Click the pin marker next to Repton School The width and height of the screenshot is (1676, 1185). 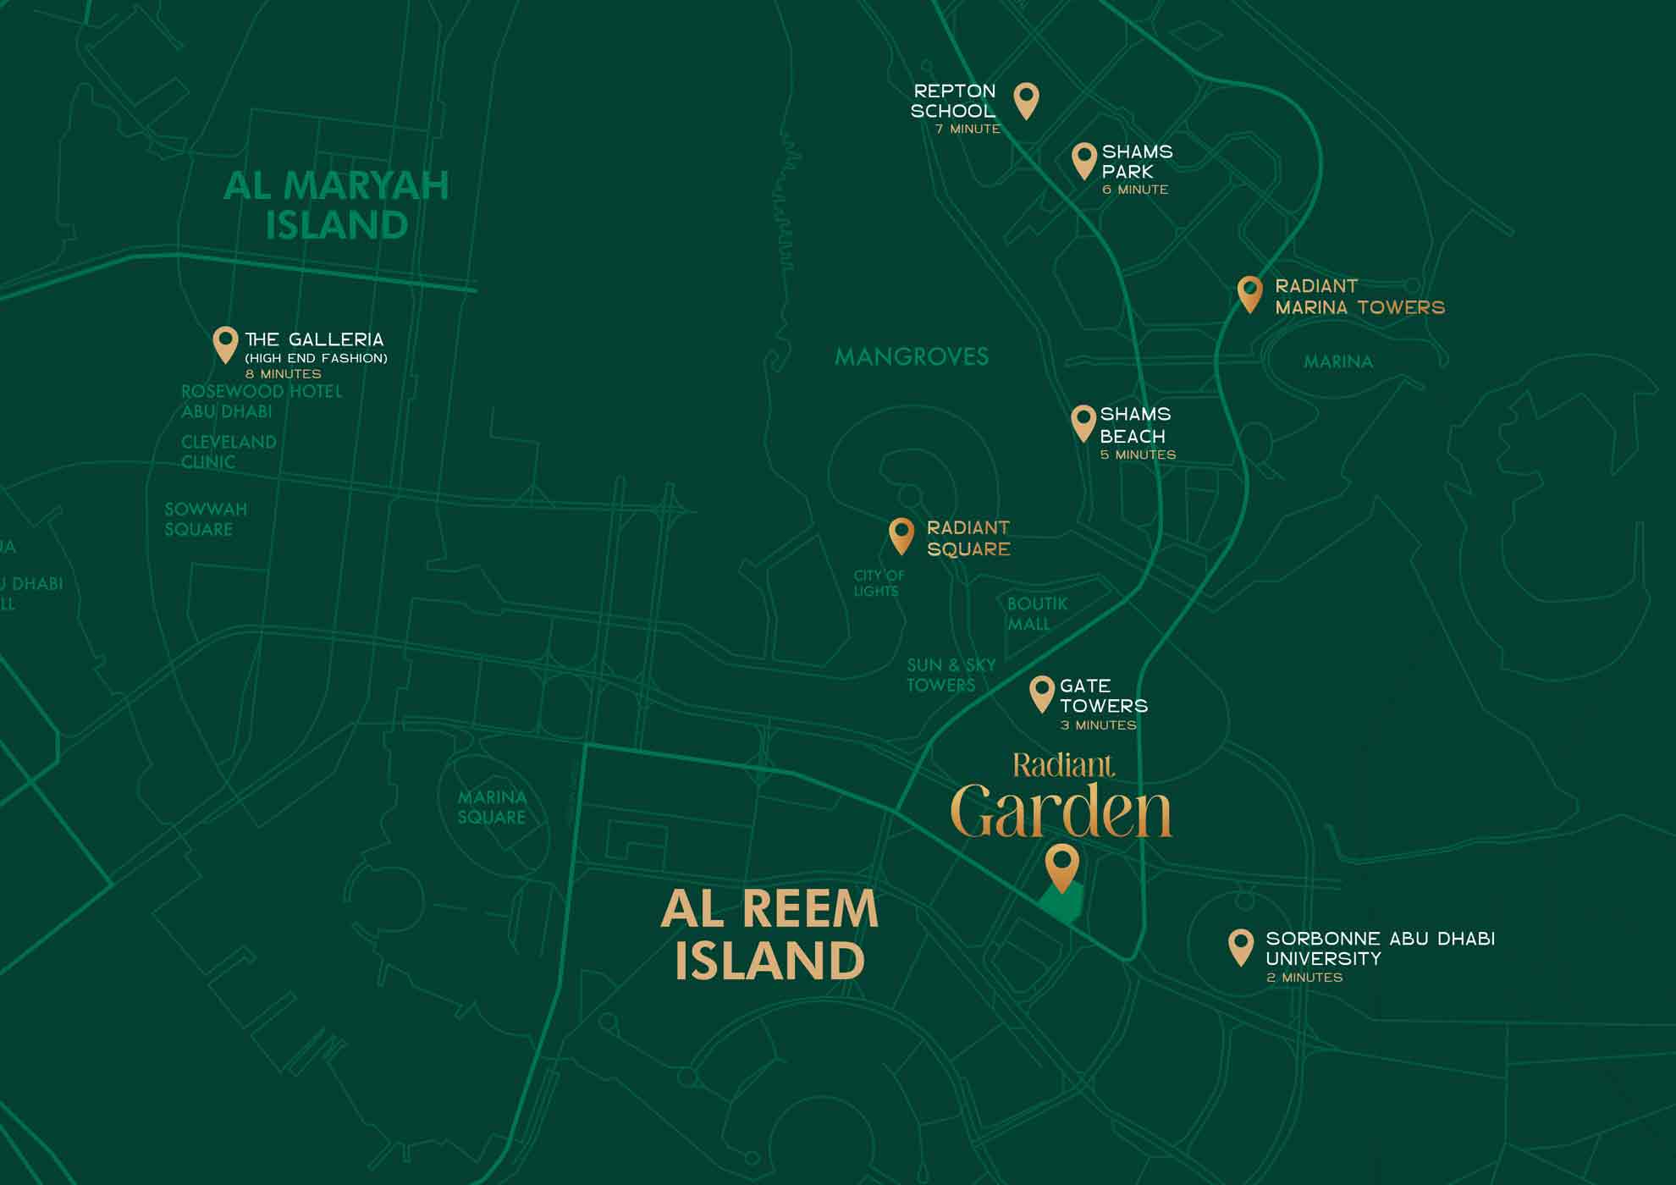pyautogui.click(x=1026, y=100)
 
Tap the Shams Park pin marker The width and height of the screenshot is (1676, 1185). pyautogui.click(x=1084, y=160)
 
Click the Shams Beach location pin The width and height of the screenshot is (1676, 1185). pyautogui.click(x=1083, y=422)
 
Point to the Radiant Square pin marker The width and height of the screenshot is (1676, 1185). pyautogui.click(x=901, y=536)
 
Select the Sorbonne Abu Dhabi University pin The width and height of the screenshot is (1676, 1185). pyautogui.click(x=1241, y=946)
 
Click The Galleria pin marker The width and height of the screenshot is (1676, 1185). pyautogui.click(x=225, y=344)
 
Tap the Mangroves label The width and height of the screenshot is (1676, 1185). pyautogui.click(x=912, y=357)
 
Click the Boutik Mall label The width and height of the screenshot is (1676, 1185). pyautogui.click(x=1037, y=614)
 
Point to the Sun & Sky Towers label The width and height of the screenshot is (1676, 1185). pyautogui.click(x=951, y=675)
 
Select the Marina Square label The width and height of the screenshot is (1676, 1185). pyautogui.click(x=492, y=807)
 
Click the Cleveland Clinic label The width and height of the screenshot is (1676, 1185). pyautogui.click(x=229, y=452)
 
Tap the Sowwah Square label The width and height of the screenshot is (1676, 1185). pyautogui.click(x=206, y=519)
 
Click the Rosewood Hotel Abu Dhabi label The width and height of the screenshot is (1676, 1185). pyautogui.click(x=261, y=401)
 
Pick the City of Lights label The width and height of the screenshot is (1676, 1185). pyautogui.click(x=879, y=583)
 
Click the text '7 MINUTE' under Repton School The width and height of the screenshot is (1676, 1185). pyautogui.click(x=968, y=130)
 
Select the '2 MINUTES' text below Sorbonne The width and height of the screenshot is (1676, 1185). pyautogui.click(x=1304, y=978)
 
